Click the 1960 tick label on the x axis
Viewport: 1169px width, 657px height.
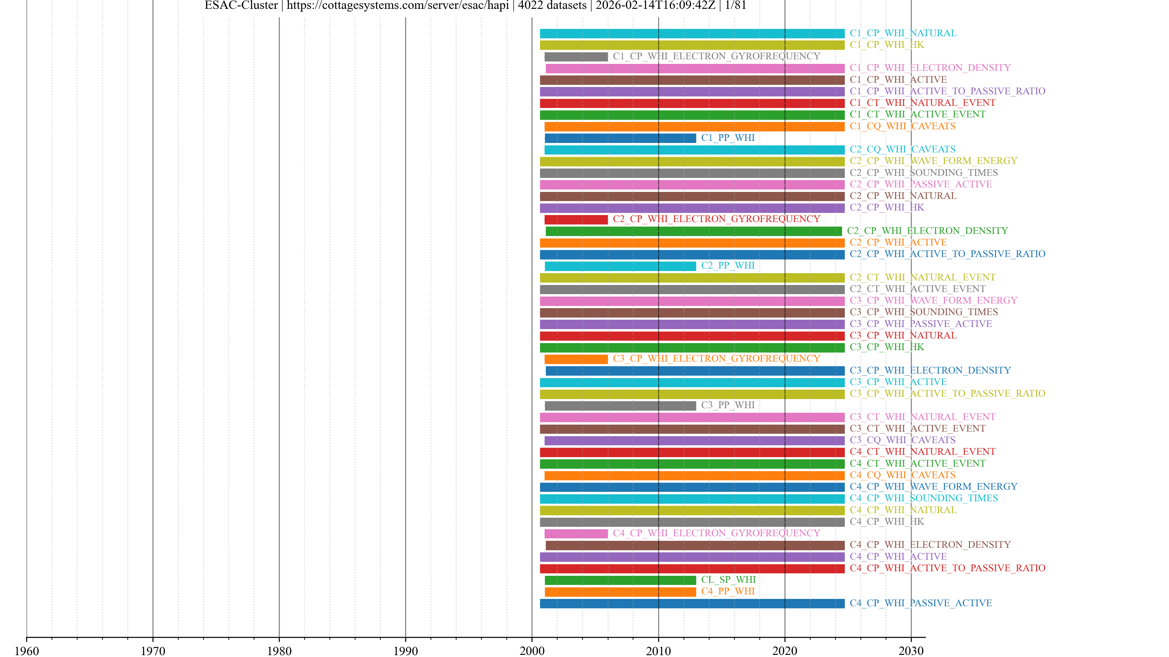[27, 651]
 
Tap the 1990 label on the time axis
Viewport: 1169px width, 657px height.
[405, 651]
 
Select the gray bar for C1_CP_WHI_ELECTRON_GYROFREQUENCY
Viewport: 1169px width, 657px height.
[576, 57]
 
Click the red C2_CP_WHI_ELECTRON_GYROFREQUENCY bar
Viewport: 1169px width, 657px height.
[576, 219]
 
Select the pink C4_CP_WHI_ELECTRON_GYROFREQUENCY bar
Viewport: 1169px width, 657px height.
[576, 534]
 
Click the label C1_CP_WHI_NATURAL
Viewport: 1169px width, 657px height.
[903, 33]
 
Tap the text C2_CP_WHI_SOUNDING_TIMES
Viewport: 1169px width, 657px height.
[924, 173]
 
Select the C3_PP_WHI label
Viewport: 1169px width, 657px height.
[728, 405]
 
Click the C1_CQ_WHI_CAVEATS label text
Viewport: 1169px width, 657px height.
[902, 126]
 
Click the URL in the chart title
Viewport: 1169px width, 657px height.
[398, 5]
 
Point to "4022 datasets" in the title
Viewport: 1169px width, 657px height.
[552, 5]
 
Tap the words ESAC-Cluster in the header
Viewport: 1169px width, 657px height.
[241, 5]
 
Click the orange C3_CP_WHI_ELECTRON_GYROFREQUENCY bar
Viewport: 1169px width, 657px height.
[576, 359]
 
